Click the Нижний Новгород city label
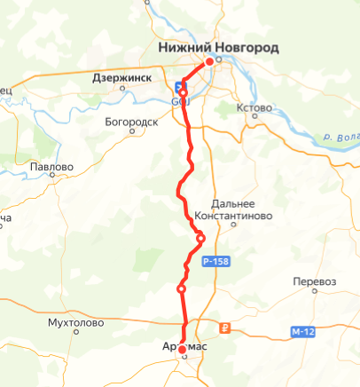pyautogui.click(x=217, y=47)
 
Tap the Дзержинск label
pyautogui.click(x=122, y=78)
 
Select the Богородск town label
pyautogui.click(x=130, y=121)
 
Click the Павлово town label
pyautogui.click(x=51, y=166)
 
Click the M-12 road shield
pyautogui.click(x=302, y=332)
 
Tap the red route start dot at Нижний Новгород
pyautogui.click(x=209, y=61)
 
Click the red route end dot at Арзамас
pyautogui.click(x=182, y=351)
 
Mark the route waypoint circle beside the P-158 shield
pyautogui.click(x=200, y=238)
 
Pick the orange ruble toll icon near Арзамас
pyautogui.click(x=224, y=327)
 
